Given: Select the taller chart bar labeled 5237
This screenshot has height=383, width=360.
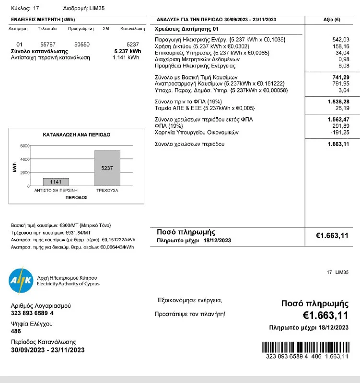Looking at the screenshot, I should (x=107, y=168).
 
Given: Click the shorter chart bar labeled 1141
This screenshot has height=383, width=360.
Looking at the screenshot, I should (x=56, y=182).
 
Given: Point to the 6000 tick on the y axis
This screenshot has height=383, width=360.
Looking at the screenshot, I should (x=24, y=146).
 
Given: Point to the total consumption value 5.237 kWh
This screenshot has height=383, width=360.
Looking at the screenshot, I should (x=128, y=51).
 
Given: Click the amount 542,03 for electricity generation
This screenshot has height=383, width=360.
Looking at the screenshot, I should (x=340, y=39).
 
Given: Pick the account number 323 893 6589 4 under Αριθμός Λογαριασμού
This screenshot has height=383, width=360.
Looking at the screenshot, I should (x=32, y=313).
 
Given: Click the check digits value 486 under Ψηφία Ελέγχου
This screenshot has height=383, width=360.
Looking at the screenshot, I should (x=16, y=331).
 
